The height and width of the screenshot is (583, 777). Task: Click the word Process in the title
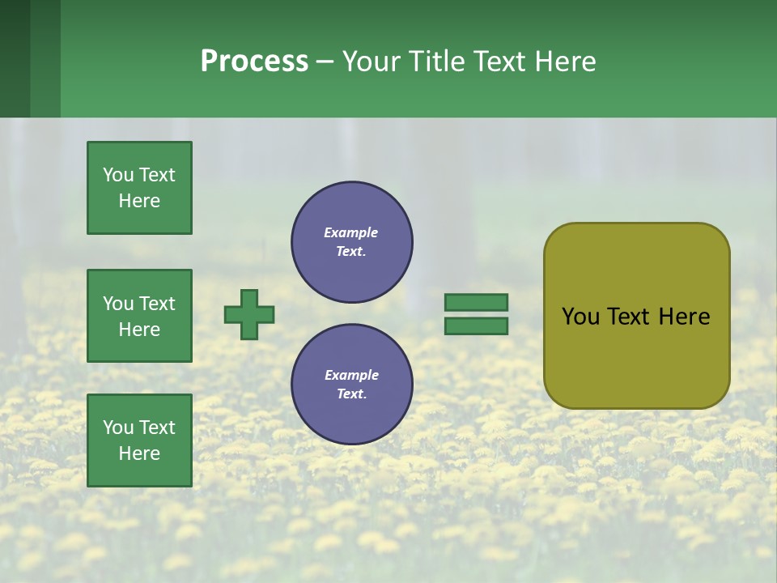[x=254, y=62]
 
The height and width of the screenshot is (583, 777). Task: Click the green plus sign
[x=249, y=314]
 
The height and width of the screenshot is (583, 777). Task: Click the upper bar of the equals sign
[x=477, y=302]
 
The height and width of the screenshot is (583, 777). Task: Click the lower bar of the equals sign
[x=477, y=326]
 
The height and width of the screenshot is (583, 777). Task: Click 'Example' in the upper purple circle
[x=351, y=232]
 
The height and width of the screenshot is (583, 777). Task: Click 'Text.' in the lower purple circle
[x=351, y=394]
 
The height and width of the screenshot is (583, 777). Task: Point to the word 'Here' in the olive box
[x=685, y=317]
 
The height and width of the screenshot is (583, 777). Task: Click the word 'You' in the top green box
[x=118, y=175]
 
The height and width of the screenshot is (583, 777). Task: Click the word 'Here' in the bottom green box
[x=139, y=453]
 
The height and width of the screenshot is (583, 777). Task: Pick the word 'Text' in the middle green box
[x=157, y=304]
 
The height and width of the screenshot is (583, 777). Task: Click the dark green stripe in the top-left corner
[x=15, y=58]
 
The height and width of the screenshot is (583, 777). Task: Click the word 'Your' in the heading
[x=371, y=62]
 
